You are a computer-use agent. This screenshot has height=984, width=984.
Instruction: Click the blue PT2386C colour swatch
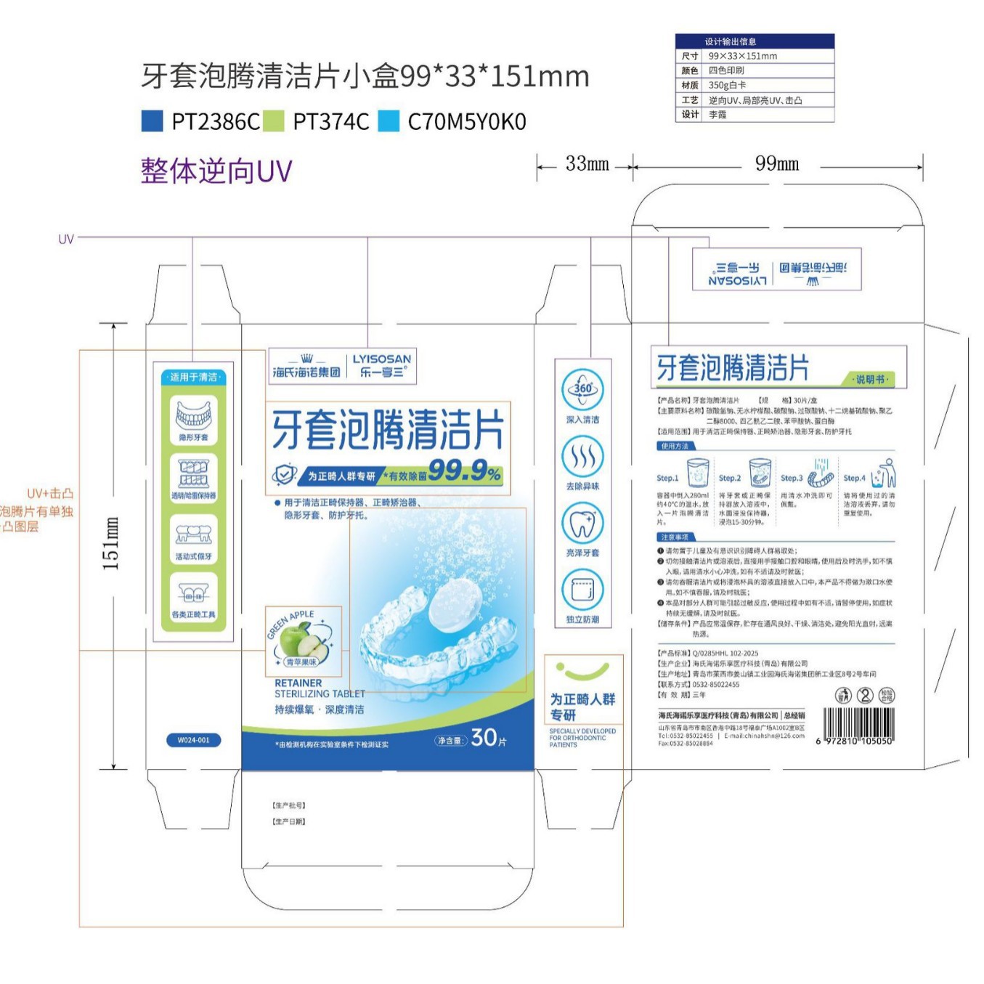pos(152,121)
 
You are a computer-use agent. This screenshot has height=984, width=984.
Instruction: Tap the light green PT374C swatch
pos(273,121)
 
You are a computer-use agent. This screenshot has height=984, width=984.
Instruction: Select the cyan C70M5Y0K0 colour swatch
pos(389,121)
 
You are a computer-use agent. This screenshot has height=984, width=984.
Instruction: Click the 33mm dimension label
pos(587,164)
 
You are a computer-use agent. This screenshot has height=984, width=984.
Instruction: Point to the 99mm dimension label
pos(776,164)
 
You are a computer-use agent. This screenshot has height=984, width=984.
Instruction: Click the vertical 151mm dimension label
pos(110,543)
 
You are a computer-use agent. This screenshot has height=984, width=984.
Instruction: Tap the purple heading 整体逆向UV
pos(216,171)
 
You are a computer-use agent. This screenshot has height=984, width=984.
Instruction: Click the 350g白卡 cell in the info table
pos(727,85)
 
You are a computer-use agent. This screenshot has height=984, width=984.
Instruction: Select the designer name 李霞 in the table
pos(717,114)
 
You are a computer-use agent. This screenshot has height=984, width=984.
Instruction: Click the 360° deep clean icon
pos(582,389)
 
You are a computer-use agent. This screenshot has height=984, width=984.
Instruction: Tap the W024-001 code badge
pos(193,740)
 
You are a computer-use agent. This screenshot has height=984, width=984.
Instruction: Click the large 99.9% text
pos(464,471)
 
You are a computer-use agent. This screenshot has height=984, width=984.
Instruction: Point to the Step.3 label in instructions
pos(791,478)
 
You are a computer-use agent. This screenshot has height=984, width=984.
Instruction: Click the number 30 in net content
pos(484,738)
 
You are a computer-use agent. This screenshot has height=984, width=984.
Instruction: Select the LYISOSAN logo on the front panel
pos(381,359)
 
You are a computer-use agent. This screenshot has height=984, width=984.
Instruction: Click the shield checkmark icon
pos(284,475)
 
